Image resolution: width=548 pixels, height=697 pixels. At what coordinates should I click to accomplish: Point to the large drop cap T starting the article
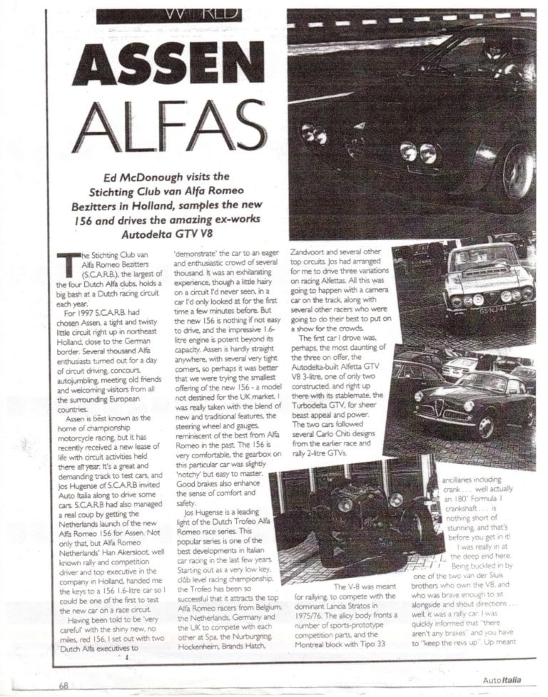70,265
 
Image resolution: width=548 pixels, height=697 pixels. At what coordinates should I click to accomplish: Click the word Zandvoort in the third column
311,252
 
